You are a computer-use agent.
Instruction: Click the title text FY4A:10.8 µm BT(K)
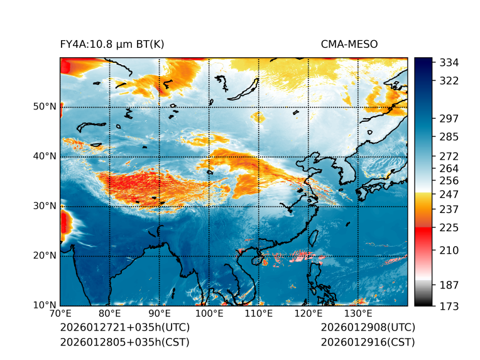112,44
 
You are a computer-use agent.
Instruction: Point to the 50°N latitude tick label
43,107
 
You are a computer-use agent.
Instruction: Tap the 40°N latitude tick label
43,156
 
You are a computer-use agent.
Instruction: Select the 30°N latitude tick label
43,206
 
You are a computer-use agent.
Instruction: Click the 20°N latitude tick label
43,256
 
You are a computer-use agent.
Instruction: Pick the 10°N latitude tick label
43,305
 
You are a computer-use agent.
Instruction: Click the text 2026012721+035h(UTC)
124,328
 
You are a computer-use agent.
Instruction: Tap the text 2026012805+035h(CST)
124,342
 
